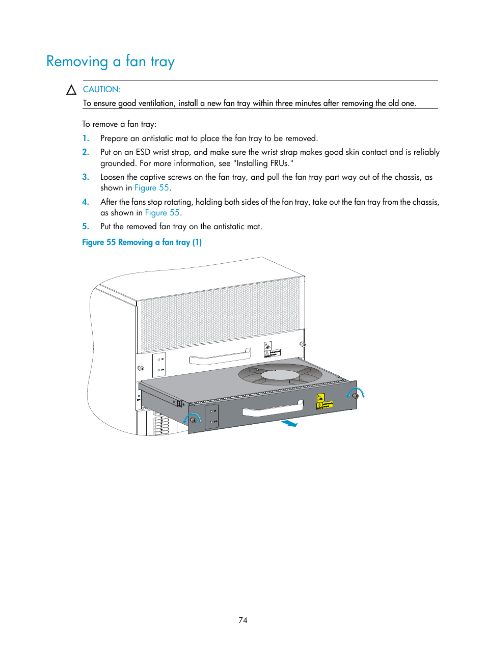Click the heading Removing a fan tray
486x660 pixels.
tap(110, 62)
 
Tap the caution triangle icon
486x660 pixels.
tap(71, 90)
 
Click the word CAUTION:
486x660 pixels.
tap(101, 89)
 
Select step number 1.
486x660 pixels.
tap(86, 138)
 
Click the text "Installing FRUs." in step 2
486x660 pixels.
tap(263, 163)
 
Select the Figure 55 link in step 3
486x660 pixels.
tap(151, 187)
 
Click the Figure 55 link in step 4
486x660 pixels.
tap(162, 212)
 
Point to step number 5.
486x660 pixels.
tap(86, 226)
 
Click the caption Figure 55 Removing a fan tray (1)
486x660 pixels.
tap(142, 242)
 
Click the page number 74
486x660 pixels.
tap(242, 620)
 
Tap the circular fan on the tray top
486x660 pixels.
tap(280, 375)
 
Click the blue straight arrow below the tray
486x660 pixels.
tap(289, 423)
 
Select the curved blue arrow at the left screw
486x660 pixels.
tap(192, 418)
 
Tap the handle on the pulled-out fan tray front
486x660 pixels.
tap(273, 408)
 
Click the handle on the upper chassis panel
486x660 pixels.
tap(220, 356)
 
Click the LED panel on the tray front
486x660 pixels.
tap(212, 416)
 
